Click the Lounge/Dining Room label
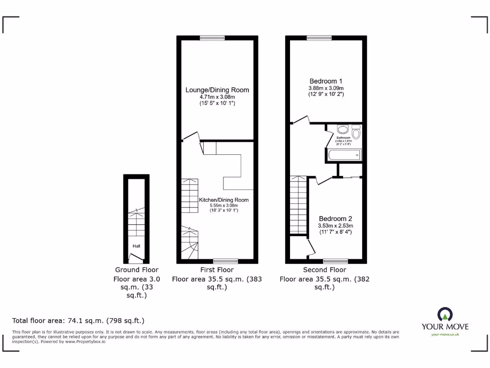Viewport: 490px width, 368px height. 217,90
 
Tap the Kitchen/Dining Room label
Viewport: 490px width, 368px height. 224,200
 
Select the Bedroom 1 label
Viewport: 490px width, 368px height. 326,81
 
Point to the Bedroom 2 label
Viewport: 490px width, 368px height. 335,218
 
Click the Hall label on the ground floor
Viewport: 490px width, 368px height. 137,246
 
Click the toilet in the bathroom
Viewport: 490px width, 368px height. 356,131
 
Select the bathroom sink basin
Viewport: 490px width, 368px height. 342,129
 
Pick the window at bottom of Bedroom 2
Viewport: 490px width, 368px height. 335,261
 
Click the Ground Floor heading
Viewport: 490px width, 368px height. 137,270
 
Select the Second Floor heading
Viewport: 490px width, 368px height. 324,270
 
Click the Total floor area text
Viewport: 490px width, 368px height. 78,321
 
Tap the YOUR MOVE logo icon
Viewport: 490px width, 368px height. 445,315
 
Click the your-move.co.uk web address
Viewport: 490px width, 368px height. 445,334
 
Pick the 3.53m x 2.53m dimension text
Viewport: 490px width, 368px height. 335,226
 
